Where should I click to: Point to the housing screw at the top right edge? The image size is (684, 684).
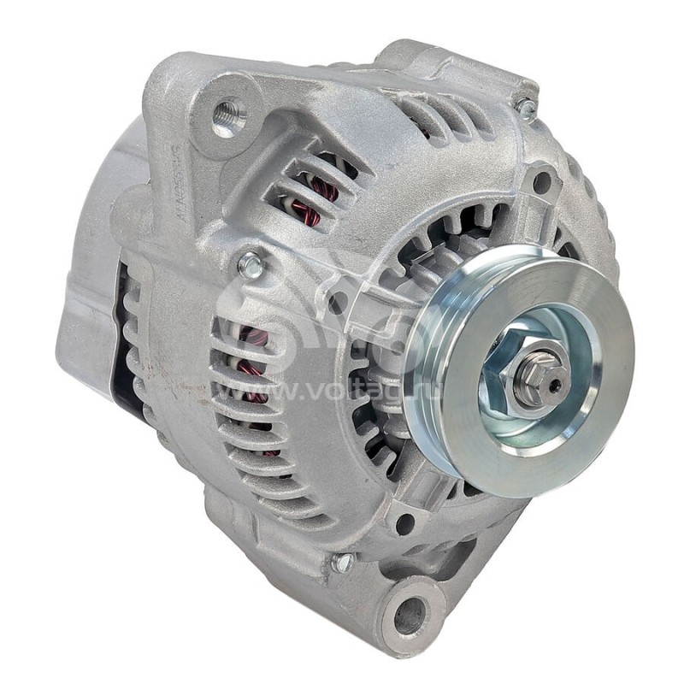pyautogui.click(x=527, y=109)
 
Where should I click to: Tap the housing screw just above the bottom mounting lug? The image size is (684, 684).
pyautogui.click(x=343, y=563)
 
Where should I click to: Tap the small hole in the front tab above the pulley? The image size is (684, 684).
pyautogui.click(x=541, y=182)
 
